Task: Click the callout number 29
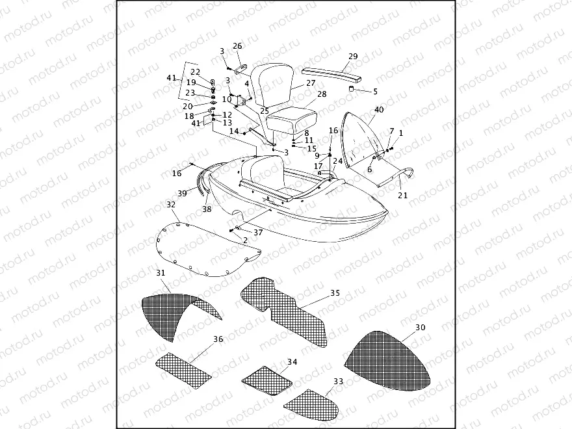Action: pos(352,57)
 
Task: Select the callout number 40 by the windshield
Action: pos(379,110)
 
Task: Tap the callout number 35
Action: pos(335,292)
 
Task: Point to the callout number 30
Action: pos(420,328)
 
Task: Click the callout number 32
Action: pos(172,205)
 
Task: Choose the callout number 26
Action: pos(237,46)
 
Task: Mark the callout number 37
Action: pos(258,232)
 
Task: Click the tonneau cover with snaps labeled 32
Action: pos(201,250)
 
